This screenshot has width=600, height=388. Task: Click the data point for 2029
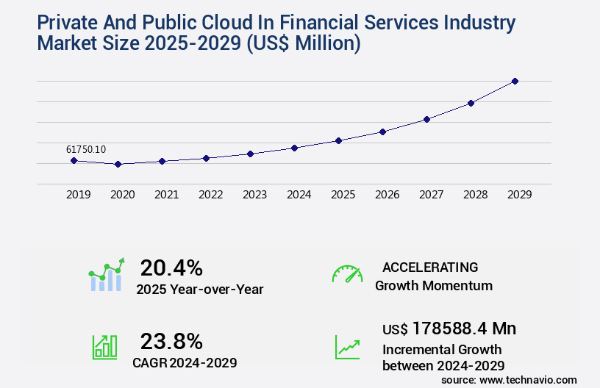pyautogui.click(x=515, y=81)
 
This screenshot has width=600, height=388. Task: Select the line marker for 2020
pyautogui.click(x=118, y=164)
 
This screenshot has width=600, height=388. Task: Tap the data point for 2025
pyautogui.click(x=338, y=140)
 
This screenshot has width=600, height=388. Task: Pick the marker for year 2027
pyautogui.click(x=426, y=119)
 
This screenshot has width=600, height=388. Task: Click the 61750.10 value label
pyautogui.click(x=86, y=149)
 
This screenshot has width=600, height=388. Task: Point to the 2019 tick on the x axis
pyautogui.click(x=79, y=195)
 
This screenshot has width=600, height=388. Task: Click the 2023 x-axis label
pyautogui.click(x=255, y=195)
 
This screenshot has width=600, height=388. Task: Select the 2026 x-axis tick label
pyautogui.click(x=387, y=195)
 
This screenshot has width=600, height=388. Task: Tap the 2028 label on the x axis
pyautogui.click(x=476, y=195)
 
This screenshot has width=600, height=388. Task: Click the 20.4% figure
pyautogui.click(x=171, y=267)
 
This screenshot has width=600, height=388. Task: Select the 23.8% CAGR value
pyautogui.click(x=171, y=341)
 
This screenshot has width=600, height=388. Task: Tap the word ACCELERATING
pyautogui.click(x=430, y=267)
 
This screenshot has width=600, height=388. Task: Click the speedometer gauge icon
pyautogui.click(x=347, y=274)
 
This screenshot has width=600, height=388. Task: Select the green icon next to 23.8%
pyautogui.click(x=104, y=347)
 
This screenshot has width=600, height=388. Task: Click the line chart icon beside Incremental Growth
pyautogui.click(x=347, y=347)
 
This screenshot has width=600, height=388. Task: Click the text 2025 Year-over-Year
pyautogui.click(x=200, y=290)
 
